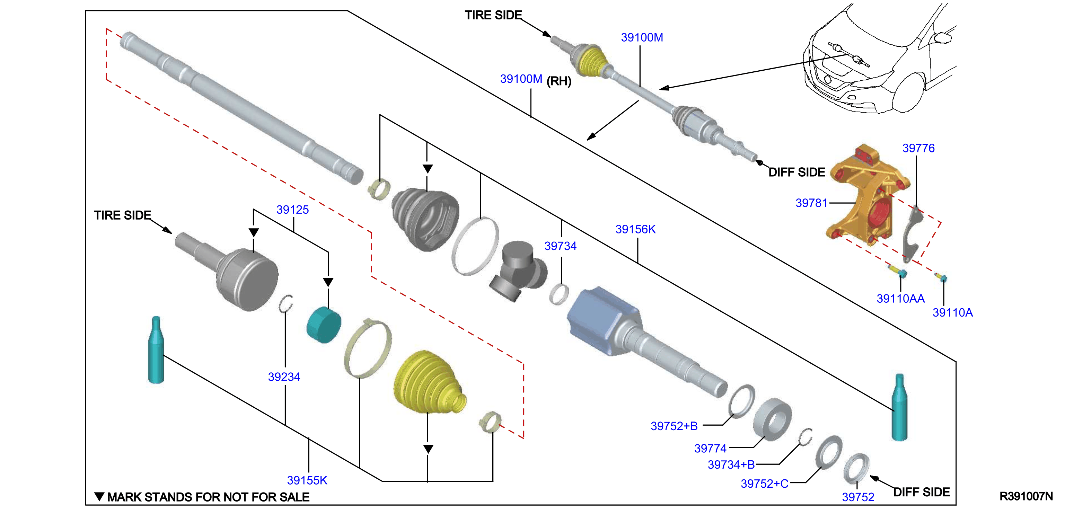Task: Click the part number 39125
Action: pyautogui.click(x=292, y=210)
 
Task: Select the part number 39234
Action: pyautogui.click(x=284, y=377)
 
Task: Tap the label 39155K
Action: pyautogui.click(x=307, y=480)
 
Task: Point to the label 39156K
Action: pyautogui.click(x=635, y=229)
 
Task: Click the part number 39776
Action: pyautogui.click(x=918, y=148)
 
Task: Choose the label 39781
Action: pyautogui.click(x=811, y=203)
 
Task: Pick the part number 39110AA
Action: pyautogui.click(x=900, y=299)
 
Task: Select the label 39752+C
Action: pyautogui.click(x=765, y=484)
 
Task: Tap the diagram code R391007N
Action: pyautogui.click(x=1026, y=496)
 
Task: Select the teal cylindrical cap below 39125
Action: pyautogui.click(x=324, y=325)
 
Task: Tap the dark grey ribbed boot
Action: pyautogui.click(x=425, y=219)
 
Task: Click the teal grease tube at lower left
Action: pyautogui.click(x=156, y=350)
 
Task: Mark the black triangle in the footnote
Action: pyautogui.click(x=99, y=496)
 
